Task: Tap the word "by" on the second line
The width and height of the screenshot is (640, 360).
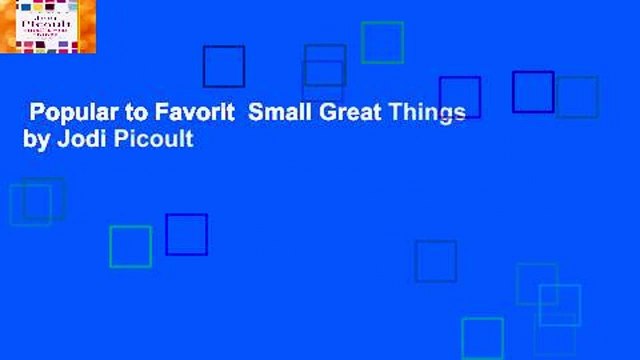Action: [x=35, y=140]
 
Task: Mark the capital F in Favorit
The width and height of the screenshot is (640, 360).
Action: [x=148, y=114]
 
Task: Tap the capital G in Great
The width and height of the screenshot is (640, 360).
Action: [x=318, y=114]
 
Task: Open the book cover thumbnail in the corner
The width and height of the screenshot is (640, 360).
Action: [x=48, y=27]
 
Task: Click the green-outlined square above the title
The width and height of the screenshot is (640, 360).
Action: [x=382, y=42]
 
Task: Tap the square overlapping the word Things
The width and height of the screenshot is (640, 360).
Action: [x=459, y=97]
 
